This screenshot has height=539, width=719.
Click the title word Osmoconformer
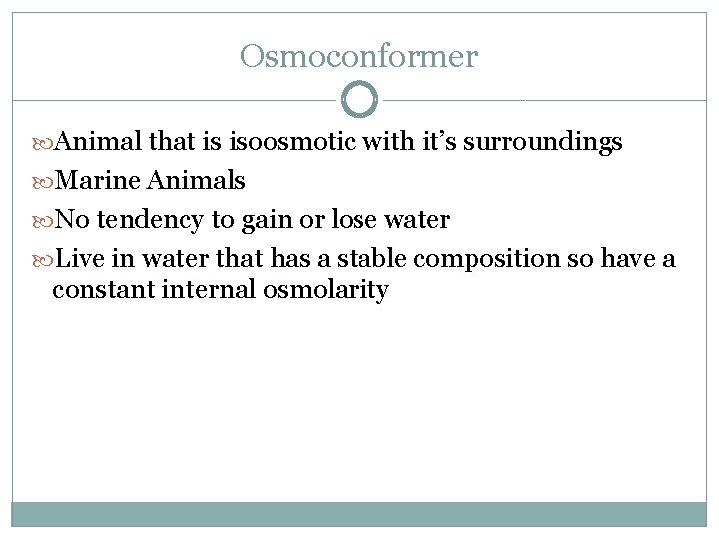pos(359,56)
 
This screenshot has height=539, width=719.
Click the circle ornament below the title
pos(359,100)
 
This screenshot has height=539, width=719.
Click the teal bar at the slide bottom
pos(359,513)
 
